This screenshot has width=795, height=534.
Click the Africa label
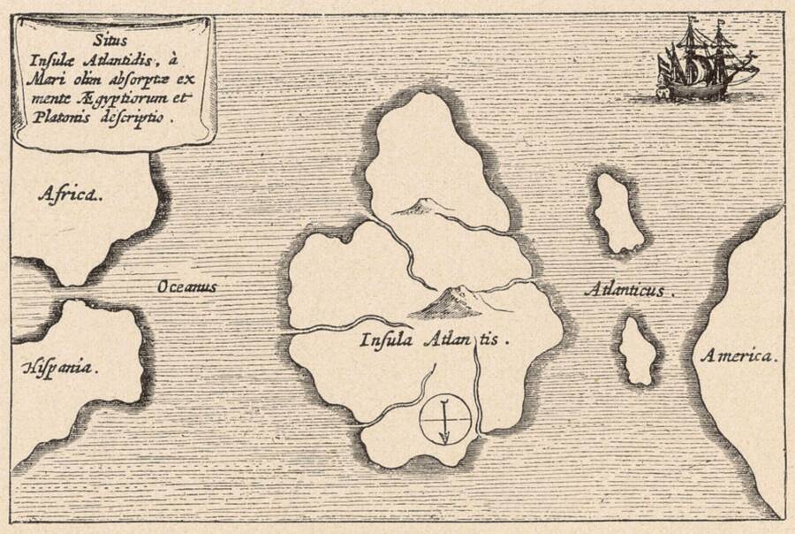click(69, 195)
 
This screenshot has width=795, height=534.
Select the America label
click(739, 356)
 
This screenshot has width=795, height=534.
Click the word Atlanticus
click(629, 287)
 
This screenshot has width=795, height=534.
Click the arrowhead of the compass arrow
click(445, 436)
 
